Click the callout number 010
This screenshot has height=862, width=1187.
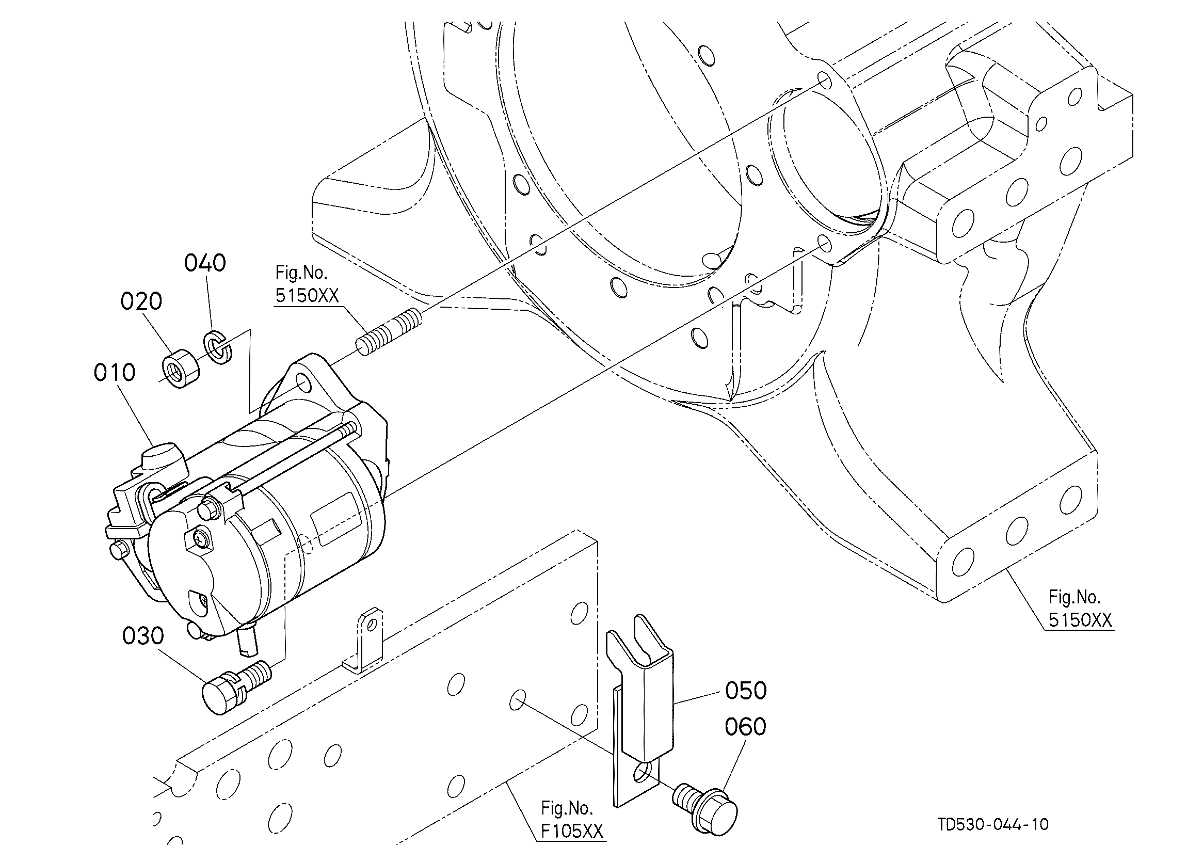(115, 373)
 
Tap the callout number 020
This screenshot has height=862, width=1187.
(141, 301)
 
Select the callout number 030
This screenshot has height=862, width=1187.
(143, 636)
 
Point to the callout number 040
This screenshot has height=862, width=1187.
(205, 263)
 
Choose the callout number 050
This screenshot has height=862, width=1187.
(746, 691)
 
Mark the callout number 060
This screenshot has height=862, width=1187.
(746, 727)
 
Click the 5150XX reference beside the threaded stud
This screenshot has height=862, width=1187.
(307, 296)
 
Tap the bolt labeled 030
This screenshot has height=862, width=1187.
(236, 688)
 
